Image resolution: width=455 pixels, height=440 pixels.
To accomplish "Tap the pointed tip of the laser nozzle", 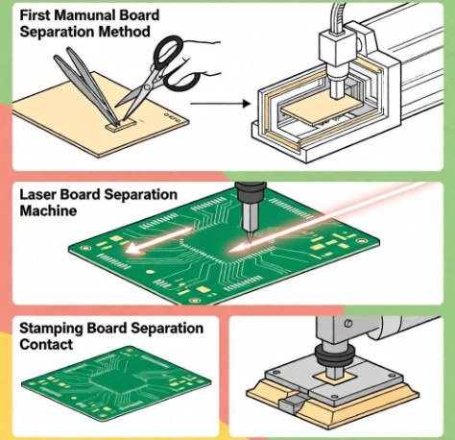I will [x=248, y=234].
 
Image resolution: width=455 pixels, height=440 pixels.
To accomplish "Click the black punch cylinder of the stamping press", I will [x=337, y=366].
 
